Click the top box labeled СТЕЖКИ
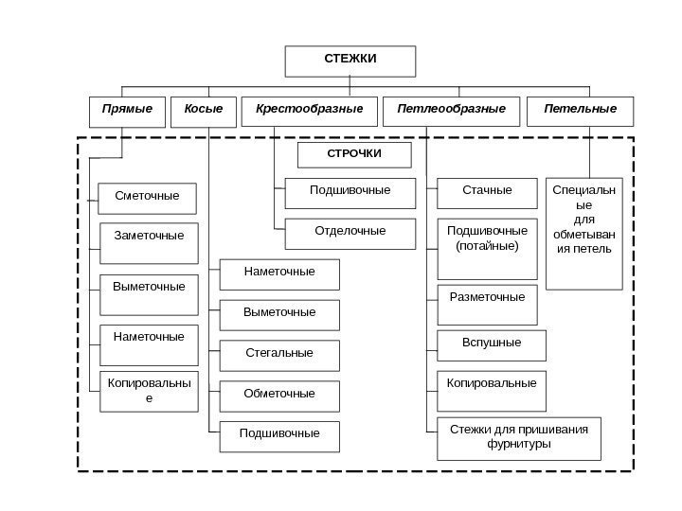(350, 61)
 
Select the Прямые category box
(127, 111)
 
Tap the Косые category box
(204, 111)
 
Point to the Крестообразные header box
(310, 111)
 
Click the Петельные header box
(581, 111)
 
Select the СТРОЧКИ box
(355, 154)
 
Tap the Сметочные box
(147, 198)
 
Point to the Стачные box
(487, 193)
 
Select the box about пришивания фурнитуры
(518, 438)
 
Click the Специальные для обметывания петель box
(584, 232)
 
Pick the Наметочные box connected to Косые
(279, 273)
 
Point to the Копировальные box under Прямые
(149, 391)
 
